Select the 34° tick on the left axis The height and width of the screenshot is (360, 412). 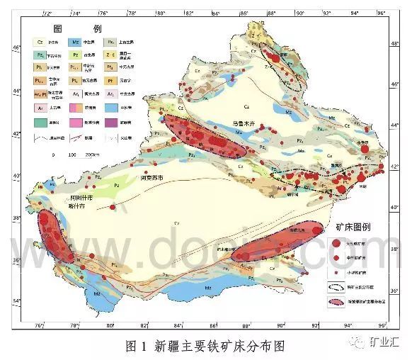17,303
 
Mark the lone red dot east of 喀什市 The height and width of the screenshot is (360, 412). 113,207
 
